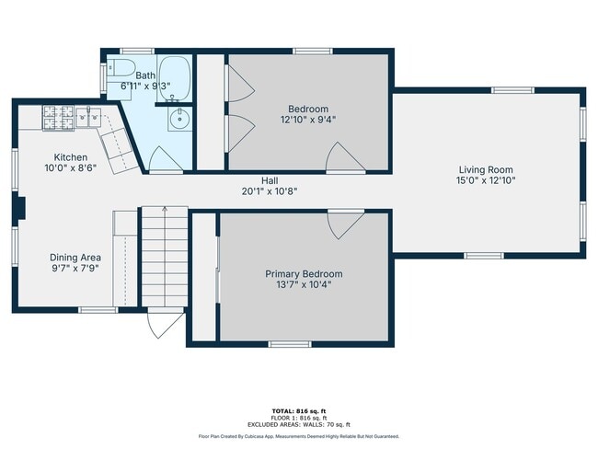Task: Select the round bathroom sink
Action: click(x=178, y=119)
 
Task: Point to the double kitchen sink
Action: click(x=89, y=118)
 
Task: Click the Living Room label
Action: click(x=487, y=169)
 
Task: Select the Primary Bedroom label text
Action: click(x=304, y=274)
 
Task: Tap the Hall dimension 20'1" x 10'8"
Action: click(x=270, y=191)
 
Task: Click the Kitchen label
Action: click(x=70, y=157)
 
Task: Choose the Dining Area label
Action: click(x=75, y=258)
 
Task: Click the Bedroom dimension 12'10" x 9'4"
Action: click(x=308, y=119)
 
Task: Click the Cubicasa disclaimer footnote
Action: click(x=298, y=436)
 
